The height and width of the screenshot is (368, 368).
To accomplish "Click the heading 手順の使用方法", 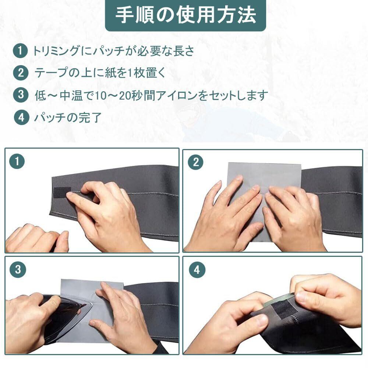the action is (x=185, y=15).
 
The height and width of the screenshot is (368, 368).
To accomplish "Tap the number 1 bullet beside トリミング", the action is (x=20, y=51).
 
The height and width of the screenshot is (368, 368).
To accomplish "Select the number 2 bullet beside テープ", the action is (x=21, y=73).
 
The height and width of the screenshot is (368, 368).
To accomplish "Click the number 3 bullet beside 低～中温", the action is (x=21, y=95).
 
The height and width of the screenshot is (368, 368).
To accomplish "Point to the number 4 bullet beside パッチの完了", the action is (x=21, y=117).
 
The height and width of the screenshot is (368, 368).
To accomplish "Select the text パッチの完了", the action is (x=68, y=117).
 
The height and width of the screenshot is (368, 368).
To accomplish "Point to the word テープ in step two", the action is (x=51, y=73).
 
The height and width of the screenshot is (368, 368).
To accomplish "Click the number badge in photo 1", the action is (x=17, y=161).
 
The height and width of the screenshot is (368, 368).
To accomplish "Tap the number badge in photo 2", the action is (x=196, y=162).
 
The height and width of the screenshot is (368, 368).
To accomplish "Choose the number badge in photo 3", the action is (x=18, y=269).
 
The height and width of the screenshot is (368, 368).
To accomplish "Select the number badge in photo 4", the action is (x=197, y=270).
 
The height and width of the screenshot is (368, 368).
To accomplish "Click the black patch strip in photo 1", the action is (x=61, y=193).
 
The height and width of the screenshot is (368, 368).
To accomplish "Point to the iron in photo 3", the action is (x=63, y=317).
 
